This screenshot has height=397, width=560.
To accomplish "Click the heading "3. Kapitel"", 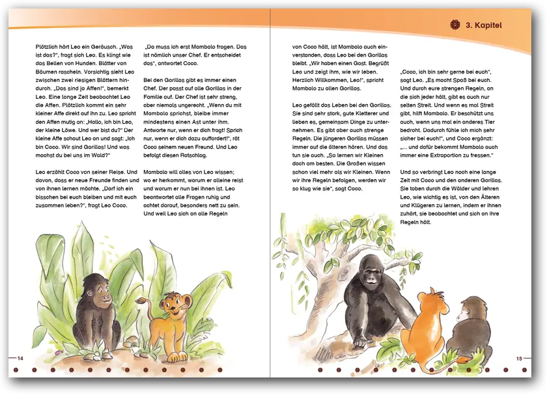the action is (x=484, y=25).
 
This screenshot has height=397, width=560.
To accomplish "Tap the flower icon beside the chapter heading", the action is (x=455, y=25).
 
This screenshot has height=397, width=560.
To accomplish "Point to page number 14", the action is (x=20, y=358).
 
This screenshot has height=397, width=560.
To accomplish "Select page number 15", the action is (x=519, y=359).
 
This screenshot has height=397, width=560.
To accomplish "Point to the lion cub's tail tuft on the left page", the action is (x=139, y=301).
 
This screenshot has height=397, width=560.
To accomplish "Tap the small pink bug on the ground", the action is (x=58, y=353).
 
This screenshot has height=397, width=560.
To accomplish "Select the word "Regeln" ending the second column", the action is (x=218, y=213).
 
